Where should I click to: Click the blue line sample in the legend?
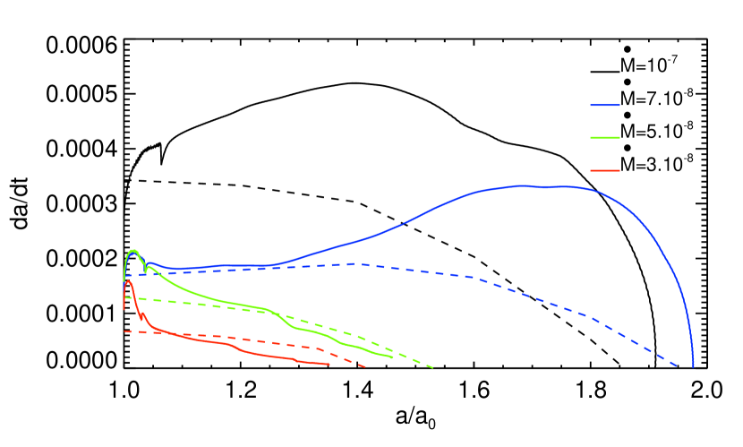click(x=605, y=106)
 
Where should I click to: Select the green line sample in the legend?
click(x=605, y=138)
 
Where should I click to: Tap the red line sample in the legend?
click(x=605, y=170)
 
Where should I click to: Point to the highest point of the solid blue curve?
click(x=524, y=185)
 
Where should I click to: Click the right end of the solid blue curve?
click(x=693, y=365)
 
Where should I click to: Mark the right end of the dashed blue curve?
click(x=678, y=365)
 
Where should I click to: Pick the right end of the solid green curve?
click(x=393, y=357)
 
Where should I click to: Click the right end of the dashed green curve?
click(x=434, y=367)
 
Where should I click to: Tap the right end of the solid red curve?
click(x=329, y=364)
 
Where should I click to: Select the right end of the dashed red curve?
click(x=365, y=367)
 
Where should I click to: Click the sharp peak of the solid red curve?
click(x=129, y=281)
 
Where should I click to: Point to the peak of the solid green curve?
click(x=133, y=250)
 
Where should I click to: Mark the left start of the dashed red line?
click(x=124, y=331)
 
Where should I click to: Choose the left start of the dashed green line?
click(x=126, y=298)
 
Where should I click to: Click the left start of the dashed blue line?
click(x=125, y=276)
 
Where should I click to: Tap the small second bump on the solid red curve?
click(x=143, y=314)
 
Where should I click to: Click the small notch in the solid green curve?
click(x=145, y=269)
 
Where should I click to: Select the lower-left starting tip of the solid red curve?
click(x=124, y=309)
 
